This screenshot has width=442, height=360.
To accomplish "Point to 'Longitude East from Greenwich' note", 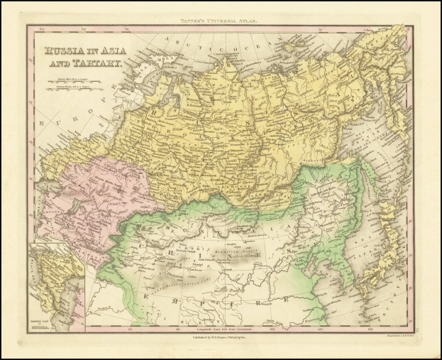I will (x=221, y=327).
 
